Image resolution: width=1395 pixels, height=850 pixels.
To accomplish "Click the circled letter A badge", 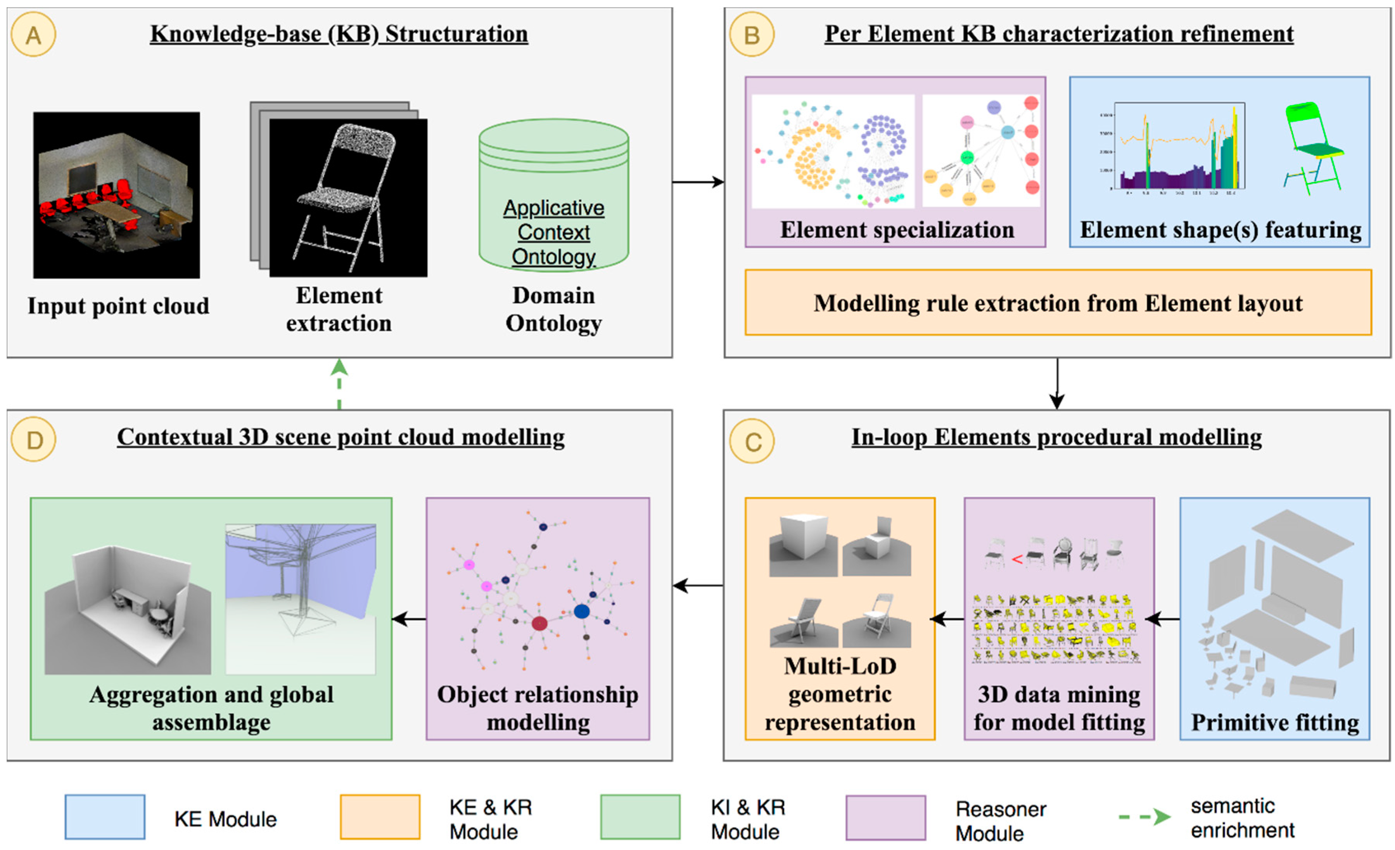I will point(33,36).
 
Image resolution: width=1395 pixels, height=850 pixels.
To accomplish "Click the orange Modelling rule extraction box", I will point(1058,303).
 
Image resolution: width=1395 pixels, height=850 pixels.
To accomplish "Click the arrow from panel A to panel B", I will point(697,182).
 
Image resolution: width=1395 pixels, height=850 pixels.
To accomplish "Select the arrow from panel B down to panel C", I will point(1056,383).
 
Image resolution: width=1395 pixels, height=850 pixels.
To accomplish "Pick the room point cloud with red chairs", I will point(116,194).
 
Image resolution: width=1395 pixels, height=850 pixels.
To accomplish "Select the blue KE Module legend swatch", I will point(105,817).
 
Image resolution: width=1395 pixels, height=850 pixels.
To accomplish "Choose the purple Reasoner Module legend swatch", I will point(885,817).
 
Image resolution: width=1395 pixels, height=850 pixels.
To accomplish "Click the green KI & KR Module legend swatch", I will point(640,817).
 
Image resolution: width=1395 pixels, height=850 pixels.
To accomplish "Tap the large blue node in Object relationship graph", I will point(581,611).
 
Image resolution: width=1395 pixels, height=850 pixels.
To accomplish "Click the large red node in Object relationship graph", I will point(539,623).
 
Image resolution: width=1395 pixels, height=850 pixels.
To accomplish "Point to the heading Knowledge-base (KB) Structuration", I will point(339,34).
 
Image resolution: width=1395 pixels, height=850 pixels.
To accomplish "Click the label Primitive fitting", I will point(1274,723).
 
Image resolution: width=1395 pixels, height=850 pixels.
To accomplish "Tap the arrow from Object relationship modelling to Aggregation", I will point(409,619).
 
